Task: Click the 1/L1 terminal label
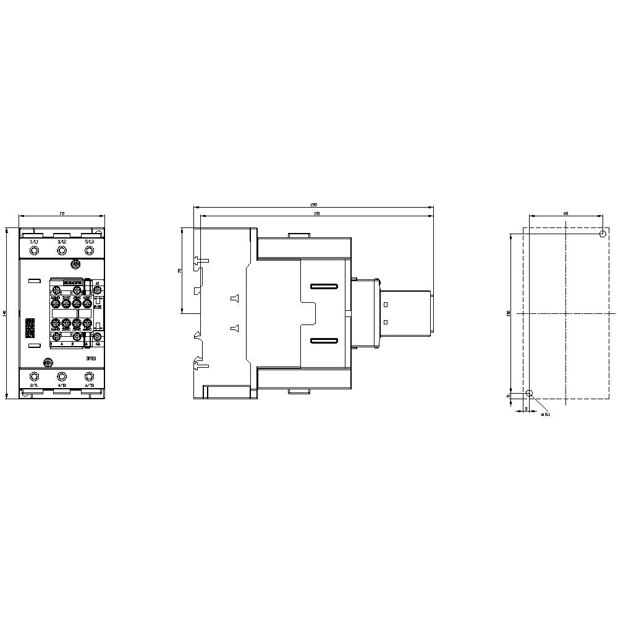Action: (34, 241)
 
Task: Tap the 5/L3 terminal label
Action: (90, 241)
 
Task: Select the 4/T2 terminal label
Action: (62, 385)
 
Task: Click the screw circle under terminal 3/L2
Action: (62, 250)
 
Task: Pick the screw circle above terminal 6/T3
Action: (90, 376)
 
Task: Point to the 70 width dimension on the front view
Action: (62, 213)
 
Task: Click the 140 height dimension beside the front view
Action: (5, 313)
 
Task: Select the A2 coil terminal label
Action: (98, 344)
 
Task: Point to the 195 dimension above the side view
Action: (313, 205)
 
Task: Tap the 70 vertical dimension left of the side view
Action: (179, 271)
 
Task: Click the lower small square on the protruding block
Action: (386, 322)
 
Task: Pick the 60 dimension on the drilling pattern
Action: (565, 213)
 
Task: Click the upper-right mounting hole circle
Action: (603, 234)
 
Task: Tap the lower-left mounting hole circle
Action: (528, 394)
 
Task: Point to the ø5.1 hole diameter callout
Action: (545, 415)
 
